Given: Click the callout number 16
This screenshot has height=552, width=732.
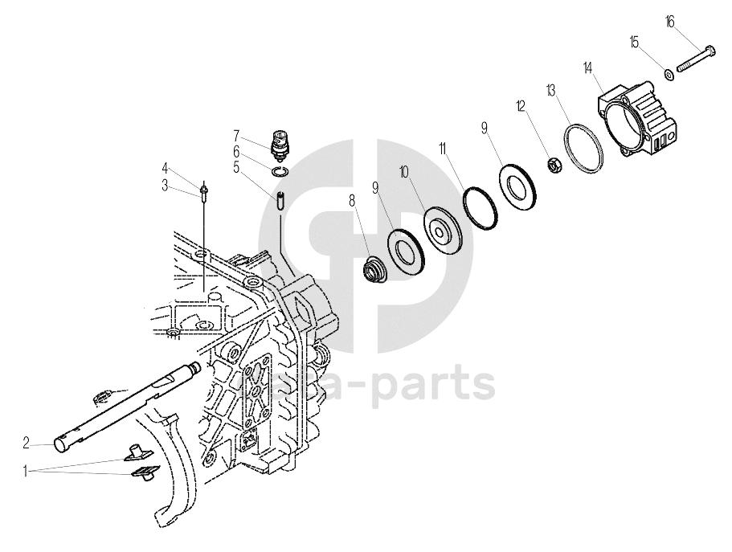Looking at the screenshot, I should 670,22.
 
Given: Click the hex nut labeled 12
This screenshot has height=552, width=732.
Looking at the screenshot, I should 554,166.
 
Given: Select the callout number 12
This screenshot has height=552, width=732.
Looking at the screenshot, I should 521,105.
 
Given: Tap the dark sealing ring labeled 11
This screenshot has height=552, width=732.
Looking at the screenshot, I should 483,207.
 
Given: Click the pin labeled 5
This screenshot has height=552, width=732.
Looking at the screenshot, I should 279,200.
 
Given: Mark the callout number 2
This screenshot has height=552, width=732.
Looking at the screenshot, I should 27,442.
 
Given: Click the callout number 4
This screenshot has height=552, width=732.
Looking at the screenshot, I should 165,168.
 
